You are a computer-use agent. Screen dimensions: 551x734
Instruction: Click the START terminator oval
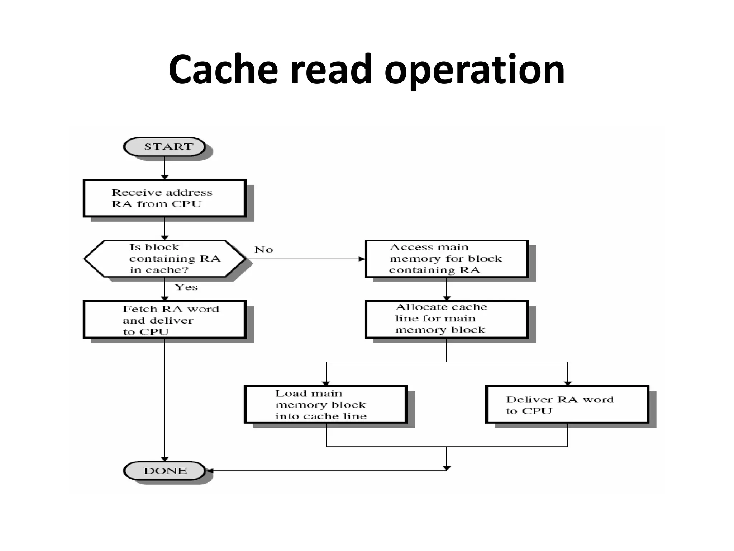pyautogui.click(x=165, y=147)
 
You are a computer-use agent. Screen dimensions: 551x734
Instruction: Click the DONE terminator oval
pyautogui.click(x=165, y=471)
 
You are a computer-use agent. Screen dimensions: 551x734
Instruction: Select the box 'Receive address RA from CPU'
pyautogui.click(x=165, y=198)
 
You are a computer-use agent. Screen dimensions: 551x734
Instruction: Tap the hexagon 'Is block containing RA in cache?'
pyautogui.click(x=165, y=259)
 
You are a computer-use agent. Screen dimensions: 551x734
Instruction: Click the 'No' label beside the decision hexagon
pyautogui.click(x=264, y=250)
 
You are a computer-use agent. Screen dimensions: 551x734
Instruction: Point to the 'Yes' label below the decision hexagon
pyautogui.click(x=186, y=287)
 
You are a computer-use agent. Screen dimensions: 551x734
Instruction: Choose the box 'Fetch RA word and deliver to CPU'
pyautogui.click(x=165, y=320)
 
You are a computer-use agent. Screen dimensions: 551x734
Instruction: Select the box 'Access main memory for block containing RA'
pyautogui.click(x=447, y=259)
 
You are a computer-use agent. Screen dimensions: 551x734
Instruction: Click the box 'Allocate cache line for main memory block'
pyautogui.click(x=447, y=319)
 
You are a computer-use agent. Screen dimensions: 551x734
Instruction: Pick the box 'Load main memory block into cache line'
pyautogui.click(x=326, y=405)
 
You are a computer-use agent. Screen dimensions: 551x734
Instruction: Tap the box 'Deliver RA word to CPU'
pyautogui.click(x=567, y=405)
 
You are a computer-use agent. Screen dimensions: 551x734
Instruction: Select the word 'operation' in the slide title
pyautogui.click(x=475, y=70)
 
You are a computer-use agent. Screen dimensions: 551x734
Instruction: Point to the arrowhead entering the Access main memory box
pyautogui.click(x=362, y=259)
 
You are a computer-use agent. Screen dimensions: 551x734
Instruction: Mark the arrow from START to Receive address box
pyautogui.click(x=165, y=168)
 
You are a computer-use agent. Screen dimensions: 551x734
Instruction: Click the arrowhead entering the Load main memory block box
pyautogui.click(x=326, y=383)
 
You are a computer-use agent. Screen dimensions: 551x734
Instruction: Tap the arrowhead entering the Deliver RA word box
pyautogui.click(x=568, y=383)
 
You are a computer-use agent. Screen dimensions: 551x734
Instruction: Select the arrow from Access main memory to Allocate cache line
pyautogui.click(x=447, y=289)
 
